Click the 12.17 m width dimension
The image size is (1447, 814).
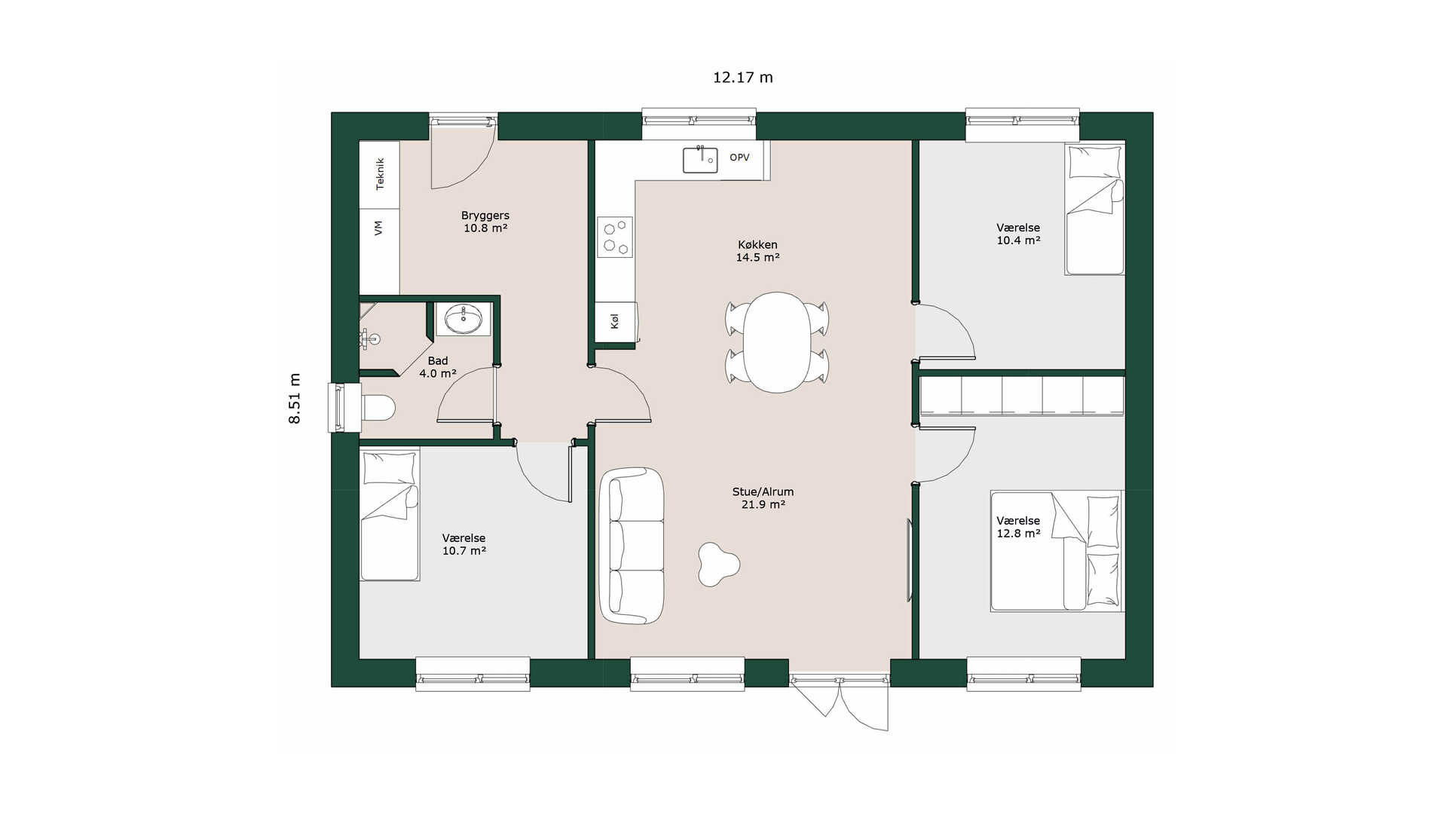743,78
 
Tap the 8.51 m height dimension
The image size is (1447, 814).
295,398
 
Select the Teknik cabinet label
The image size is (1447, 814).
380,174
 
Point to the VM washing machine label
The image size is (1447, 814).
378,228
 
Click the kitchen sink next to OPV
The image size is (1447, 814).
700,160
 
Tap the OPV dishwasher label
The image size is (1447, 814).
739,158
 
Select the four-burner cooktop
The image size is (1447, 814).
615,237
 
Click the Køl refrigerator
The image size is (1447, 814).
616,322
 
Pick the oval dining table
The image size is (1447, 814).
777,342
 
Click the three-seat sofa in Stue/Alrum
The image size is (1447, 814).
632,546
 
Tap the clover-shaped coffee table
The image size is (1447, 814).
718,565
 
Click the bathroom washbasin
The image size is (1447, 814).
463,319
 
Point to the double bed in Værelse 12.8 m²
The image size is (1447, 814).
1057,552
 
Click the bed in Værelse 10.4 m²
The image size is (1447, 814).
1094,209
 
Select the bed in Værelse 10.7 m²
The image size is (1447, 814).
390,516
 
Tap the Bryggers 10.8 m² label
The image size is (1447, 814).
485,222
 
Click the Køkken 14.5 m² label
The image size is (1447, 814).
757,251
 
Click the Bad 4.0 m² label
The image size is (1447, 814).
438,367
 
